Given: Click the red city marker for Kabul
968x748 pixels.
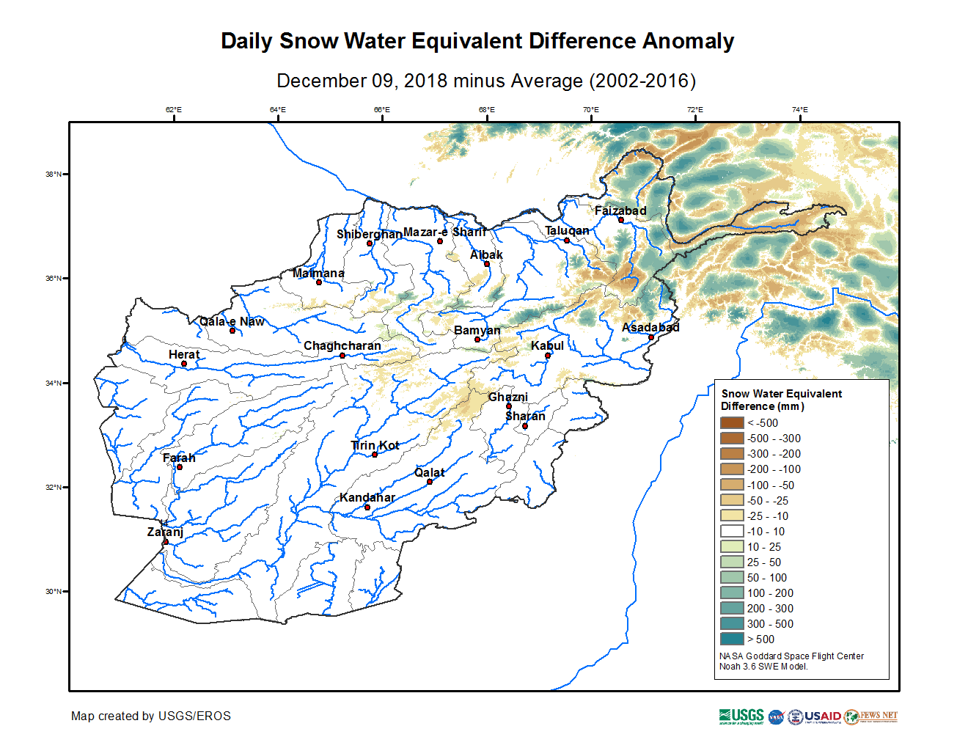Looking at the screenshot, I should tap(548, 356).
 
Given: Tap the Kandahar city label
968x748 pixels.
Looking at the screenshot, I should tap(367, 497).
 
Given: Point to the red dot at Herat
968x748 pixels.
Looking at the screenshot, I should tap(184, 364).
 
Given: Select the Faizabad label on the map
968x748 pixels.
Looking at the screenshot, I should tap(620, 210).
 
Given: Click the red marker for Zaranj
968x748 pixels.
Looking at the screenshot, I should tap(166, 542).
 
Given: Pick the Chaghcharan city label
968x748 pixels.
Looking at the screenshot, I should tap(342, 345).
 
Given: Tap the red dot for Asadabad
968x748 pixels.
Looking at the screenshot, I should tap(651, 337).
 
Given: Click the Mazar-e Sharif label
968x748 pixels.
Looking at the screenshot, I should tap(444, 232).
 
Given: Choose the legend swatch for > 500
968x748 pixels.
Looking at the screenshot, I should tap(732, 639).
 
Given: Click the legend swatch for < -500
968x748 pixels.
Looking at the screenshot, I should tap(732, 422).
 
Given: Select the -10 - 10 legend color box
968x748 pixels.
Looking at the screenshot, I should tap(732, 531).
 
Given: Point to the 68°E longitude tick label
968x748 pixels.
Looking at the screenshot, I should tap(486, 110).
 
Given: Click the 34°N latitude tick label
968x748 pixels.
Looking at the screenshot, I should tap(54, 383).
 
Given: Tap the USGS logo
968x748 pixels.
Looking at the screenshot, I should tap(741, 716).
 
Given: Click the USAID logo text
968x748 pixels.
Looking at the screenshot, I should tap(823, 716).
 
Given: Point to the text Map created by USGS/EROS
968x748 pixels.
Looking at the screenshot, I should tap(150, 716).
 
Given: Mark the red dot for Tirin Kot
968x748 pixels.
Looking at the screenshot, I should tap(375, 455).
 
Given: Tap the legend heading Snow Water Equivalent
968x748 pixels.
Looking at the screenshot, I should tap(781, 394).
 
